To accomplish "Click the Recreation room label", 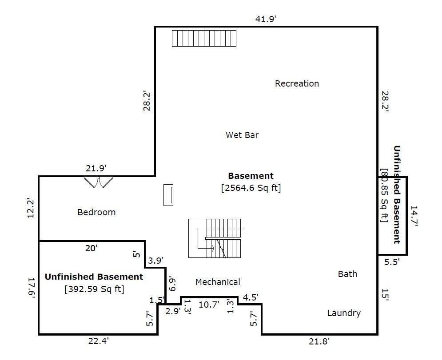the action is [297, 83].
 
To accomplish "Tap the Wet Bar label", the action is [242, 135].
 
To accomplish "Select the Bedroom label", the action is [96, 212].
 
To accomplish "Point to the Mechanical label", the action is [218, 282].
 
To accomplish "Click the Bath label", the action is [347, 274].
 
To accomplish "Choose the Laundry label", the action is [344, 313].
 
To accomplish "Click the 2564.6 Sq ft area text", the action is [251, 188].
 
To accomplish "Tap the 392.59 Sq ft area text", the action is [94, 289].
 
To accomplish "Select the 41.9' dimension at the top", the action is [266, 19].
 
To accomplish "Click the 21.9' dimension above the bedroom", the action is [96, 168].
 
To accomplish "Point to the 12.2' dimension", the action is [31, 208].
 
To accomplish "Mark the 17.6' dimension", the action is [32, 288].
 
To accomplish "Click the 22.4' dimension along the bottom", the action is [98, 341].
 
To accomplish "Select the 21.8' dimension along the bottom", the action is [319, 341].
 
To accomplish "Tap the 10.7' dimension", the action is [209, 305].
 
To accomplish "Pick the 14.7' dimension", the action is [414, 216].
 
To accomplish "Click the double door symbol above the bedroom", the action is [99, 182].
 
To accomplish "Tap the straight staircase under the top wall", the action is [204, 38].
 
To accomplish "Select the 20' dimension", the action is [92, 248].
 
